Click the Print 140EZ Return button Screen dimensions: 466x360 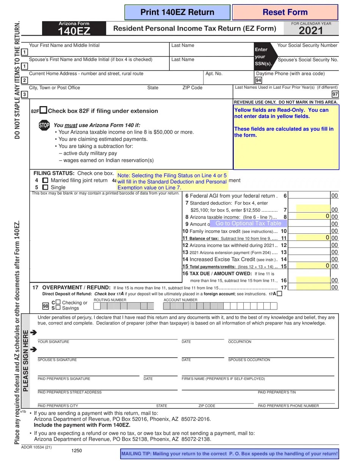tap(177, 13)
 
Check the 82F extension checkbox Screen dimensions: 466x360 tap(44, 110)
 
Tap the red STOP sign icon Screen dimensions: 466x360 tap(44, 125)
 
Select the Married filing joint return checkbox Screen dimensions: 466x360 tap(45, 181)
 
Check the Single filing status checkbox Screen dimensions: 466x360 tap(45, 187)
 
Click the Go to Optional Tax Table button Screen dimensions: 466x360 tap(248, 224)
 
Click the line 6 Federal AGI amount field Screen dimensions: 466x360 tap(310, 196)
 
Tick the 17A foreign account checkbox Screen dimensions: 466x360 tap(279, 293)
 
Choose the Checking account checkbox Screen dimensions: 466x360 tap(58, 302)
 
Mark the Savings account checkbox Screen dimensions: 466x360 tap(58, 308)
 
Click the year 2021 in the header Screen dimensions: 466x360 tap(311, 31)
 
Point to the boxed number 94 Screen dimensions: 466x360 tap(258, 80)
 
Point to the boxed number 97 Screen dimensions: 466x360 tap(335, 94)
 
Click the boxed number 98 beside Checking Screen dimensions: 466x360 tap(45, 306)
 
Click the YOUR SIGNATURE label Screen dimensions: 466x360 tap(53, 342)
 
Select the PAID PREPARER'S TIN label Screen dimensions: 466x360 tap(277, 393)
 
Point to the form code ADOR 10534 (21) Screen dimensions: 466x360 tap(36, 447)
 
